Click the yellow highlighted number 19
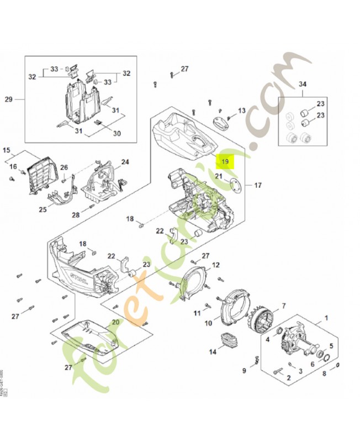[225, 161]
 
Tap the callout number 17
[257, 185]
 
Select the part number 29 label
[8, 99]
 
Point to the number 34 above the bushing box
[302, 84]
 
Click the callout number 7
[283, 306]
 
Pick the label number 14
[213, 351]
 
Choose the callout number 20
[115, 322]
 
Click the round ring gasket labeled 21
[235, 186]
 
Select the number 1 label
[326, 318]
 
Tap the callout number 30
[117, 133]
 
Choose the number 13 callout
[241, 111]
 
